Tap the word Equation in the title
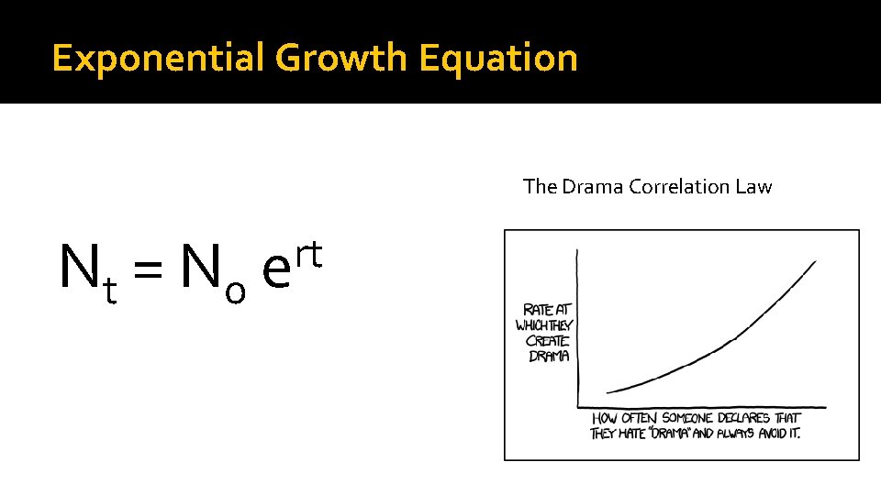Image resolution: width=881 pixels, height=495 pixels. (498, 58)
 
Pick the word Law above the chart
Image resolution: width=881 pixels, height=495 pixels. (753, 187)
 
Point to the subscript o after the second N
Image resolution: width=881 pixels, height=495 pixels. (235, 291)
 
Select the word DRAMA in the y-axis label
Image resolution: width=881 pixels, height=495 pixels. (549, 356)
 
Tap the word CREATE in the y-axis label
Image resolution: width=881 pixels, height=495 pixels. (547, 341)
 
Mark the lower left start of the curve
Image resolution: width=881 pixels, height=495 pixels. (607, 392)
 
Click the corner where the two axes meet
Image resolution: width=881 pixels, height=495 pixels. (577, 407)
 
